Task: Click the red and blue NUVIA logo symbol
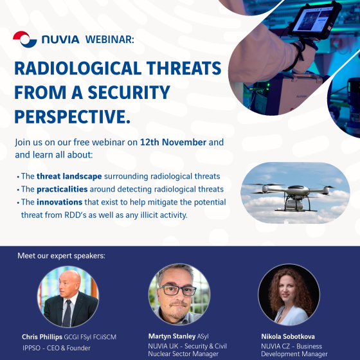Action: (25, 39)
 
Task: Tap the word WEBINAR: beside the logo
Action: (110, 39)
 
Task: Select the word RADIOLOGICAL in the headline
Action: (78, 68)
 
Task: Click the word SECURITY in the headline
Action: (129, 93)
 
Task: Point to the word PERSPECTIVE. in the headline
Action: (72, 116)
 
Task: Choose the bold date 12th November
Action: (173, 142)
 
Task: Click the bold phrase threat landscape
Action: (69, 176)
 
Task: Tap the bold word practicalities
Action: (62, 189)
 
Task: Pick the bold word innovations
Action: (59, 202)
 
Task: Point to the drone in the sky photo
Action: (292, 196)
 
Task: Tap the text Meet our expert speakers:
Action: (61, 256)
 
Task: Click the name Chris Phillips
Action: (42, 337)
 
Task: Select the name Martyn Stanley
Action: (172, 336)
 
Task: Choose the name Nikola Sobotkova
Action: (288, 337)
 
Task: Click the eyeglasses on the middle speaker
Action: (178, 290)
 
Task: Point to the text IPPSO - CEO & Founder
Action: (57, 348)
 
